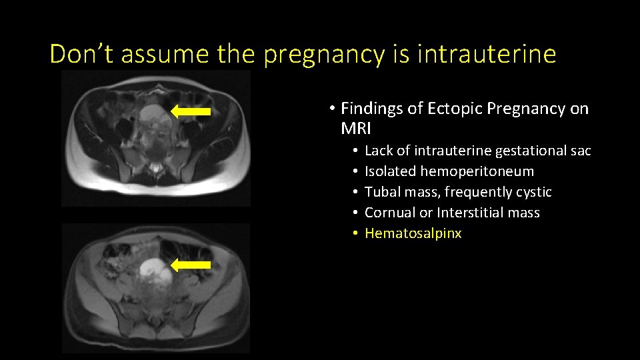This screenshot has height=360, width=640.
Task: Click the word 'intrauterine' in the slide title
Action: [486, 54]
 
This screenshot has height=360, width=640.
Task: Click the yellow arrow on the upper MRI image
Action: [191, 111]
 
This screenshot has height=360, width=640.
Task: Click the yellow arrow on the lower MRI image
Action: [191, 265]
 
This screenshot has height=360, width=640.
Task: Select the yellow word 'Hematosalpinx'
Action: [413, 233]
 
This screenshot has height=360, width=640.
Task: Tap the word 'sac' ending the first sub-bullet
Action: [581, 151]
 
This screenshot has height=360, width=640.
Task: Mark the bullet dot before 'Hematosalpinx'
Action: [357, 234]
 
